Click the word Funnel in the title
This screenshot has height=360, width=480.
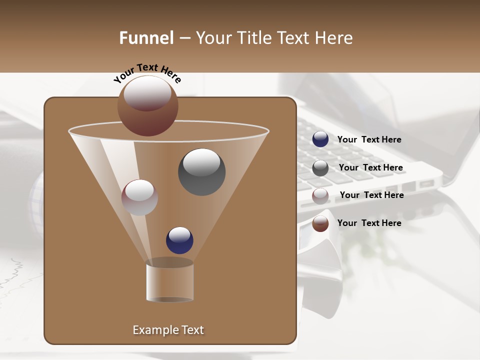click(x=146, y=38)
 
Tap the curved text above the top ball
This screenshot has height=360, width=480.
click(x=147, y=73)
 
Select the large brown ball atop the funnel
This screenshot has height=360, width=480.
click(x=148, y=106)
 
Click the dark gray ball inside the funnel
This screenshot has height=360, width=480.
click(x=201, y=172)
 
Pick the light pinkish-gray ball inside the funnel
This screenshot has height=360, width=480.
click(x=139, y=197)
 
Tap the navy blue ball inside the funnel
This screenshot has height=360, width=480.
click(x=179, y=240)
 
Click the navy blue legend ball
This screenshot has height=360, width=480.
click(x=320, y=139)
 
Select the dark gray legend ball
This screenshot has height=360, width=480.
click(x=320, y=168)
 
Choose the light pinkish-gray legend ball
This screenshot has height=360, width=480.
click(x=320, y=196)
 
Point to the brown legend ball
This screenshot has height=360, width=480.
click(x=320, y=223)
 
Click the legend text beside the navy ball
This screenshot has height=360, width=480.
click(x=369, y=139)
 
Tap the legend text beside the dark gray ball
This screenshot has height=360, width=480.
click(x=370, y=167)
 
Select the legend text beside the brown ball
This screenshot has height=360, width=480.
click(x=369, y=223)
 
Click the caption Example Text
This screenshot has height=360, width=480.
click(x=168, y=330)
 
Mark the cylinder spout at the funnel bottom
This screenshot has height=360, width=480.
click(x=169, y=282)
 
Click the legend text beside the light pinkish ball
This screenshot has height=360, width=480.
click(x=371, y=195)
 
